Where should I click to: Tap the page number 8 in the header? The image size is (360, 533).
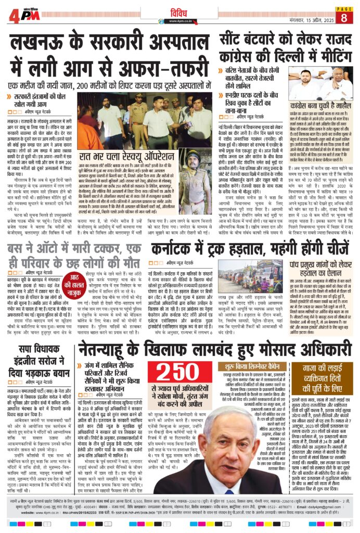point(344,18)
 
